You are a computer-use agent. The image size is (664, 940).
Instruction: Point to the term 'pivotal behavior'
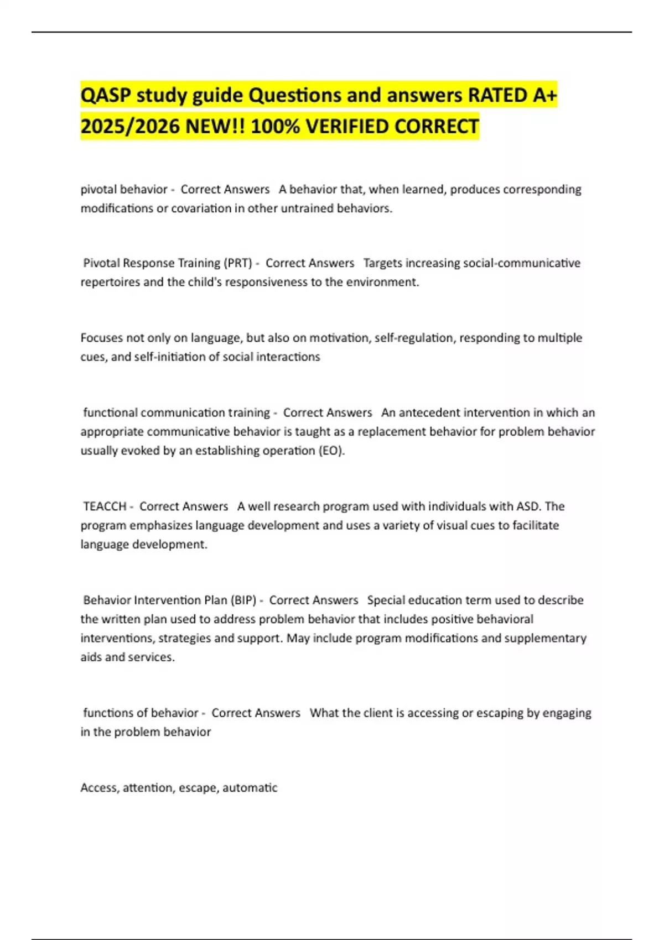coord(124,190)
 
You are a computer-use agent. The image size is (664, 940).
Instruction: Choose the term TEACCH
coord(105,506)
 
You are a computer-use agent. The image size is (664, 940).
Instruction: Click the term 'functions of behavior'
coord(141,713)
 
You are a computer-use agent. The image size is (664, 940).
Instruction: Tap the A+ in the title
coord(545,96)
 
